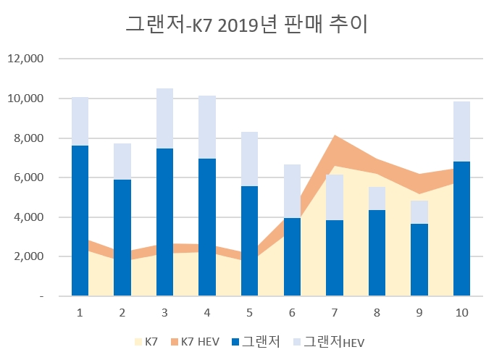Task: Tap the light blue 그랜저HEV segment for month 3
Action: [x=164, y=118]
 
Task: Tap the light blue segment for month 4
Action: [x=207, y=127]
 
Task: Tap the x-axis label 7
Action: [x=335, y=312]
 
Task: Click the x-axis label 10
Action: [x=461, y=312]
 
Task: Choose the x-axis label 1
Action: [x=80, y=312]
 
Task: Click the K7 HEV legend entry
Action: [x=198, y=340]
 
